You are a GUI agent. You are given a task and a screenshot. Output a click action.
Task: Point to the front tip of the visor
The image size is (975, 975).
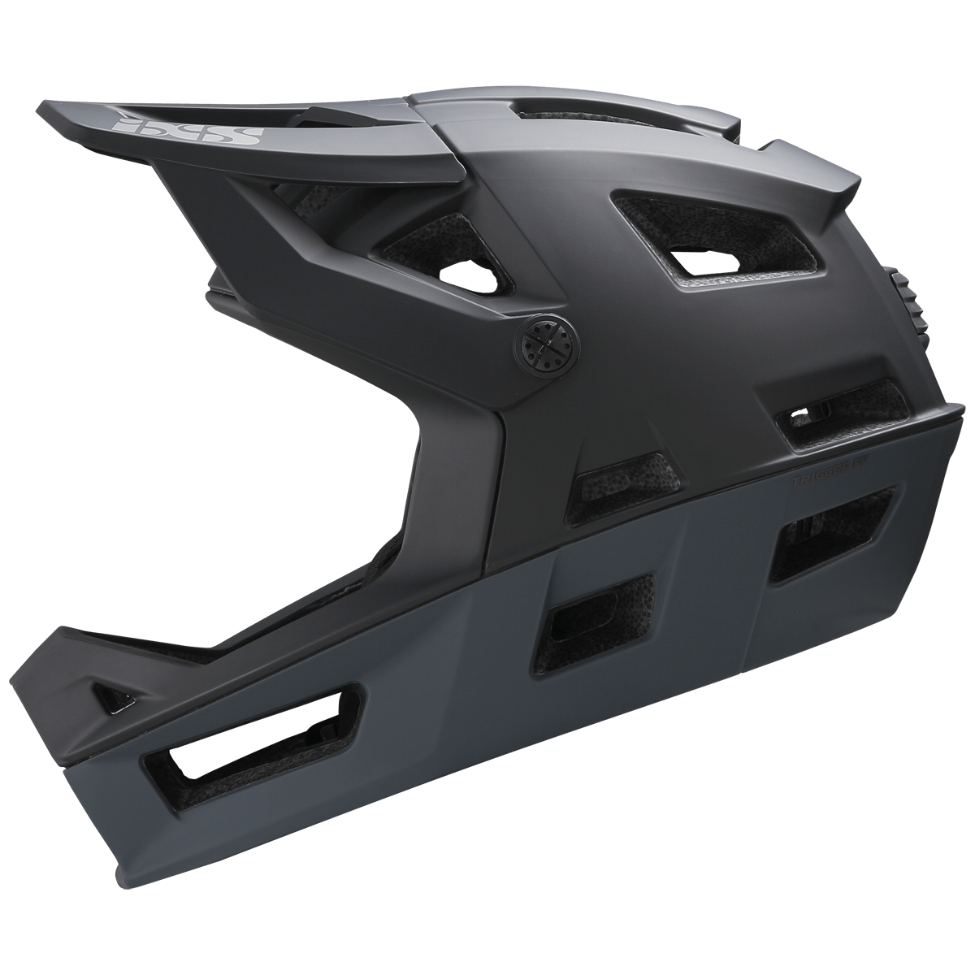[49, 114]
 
